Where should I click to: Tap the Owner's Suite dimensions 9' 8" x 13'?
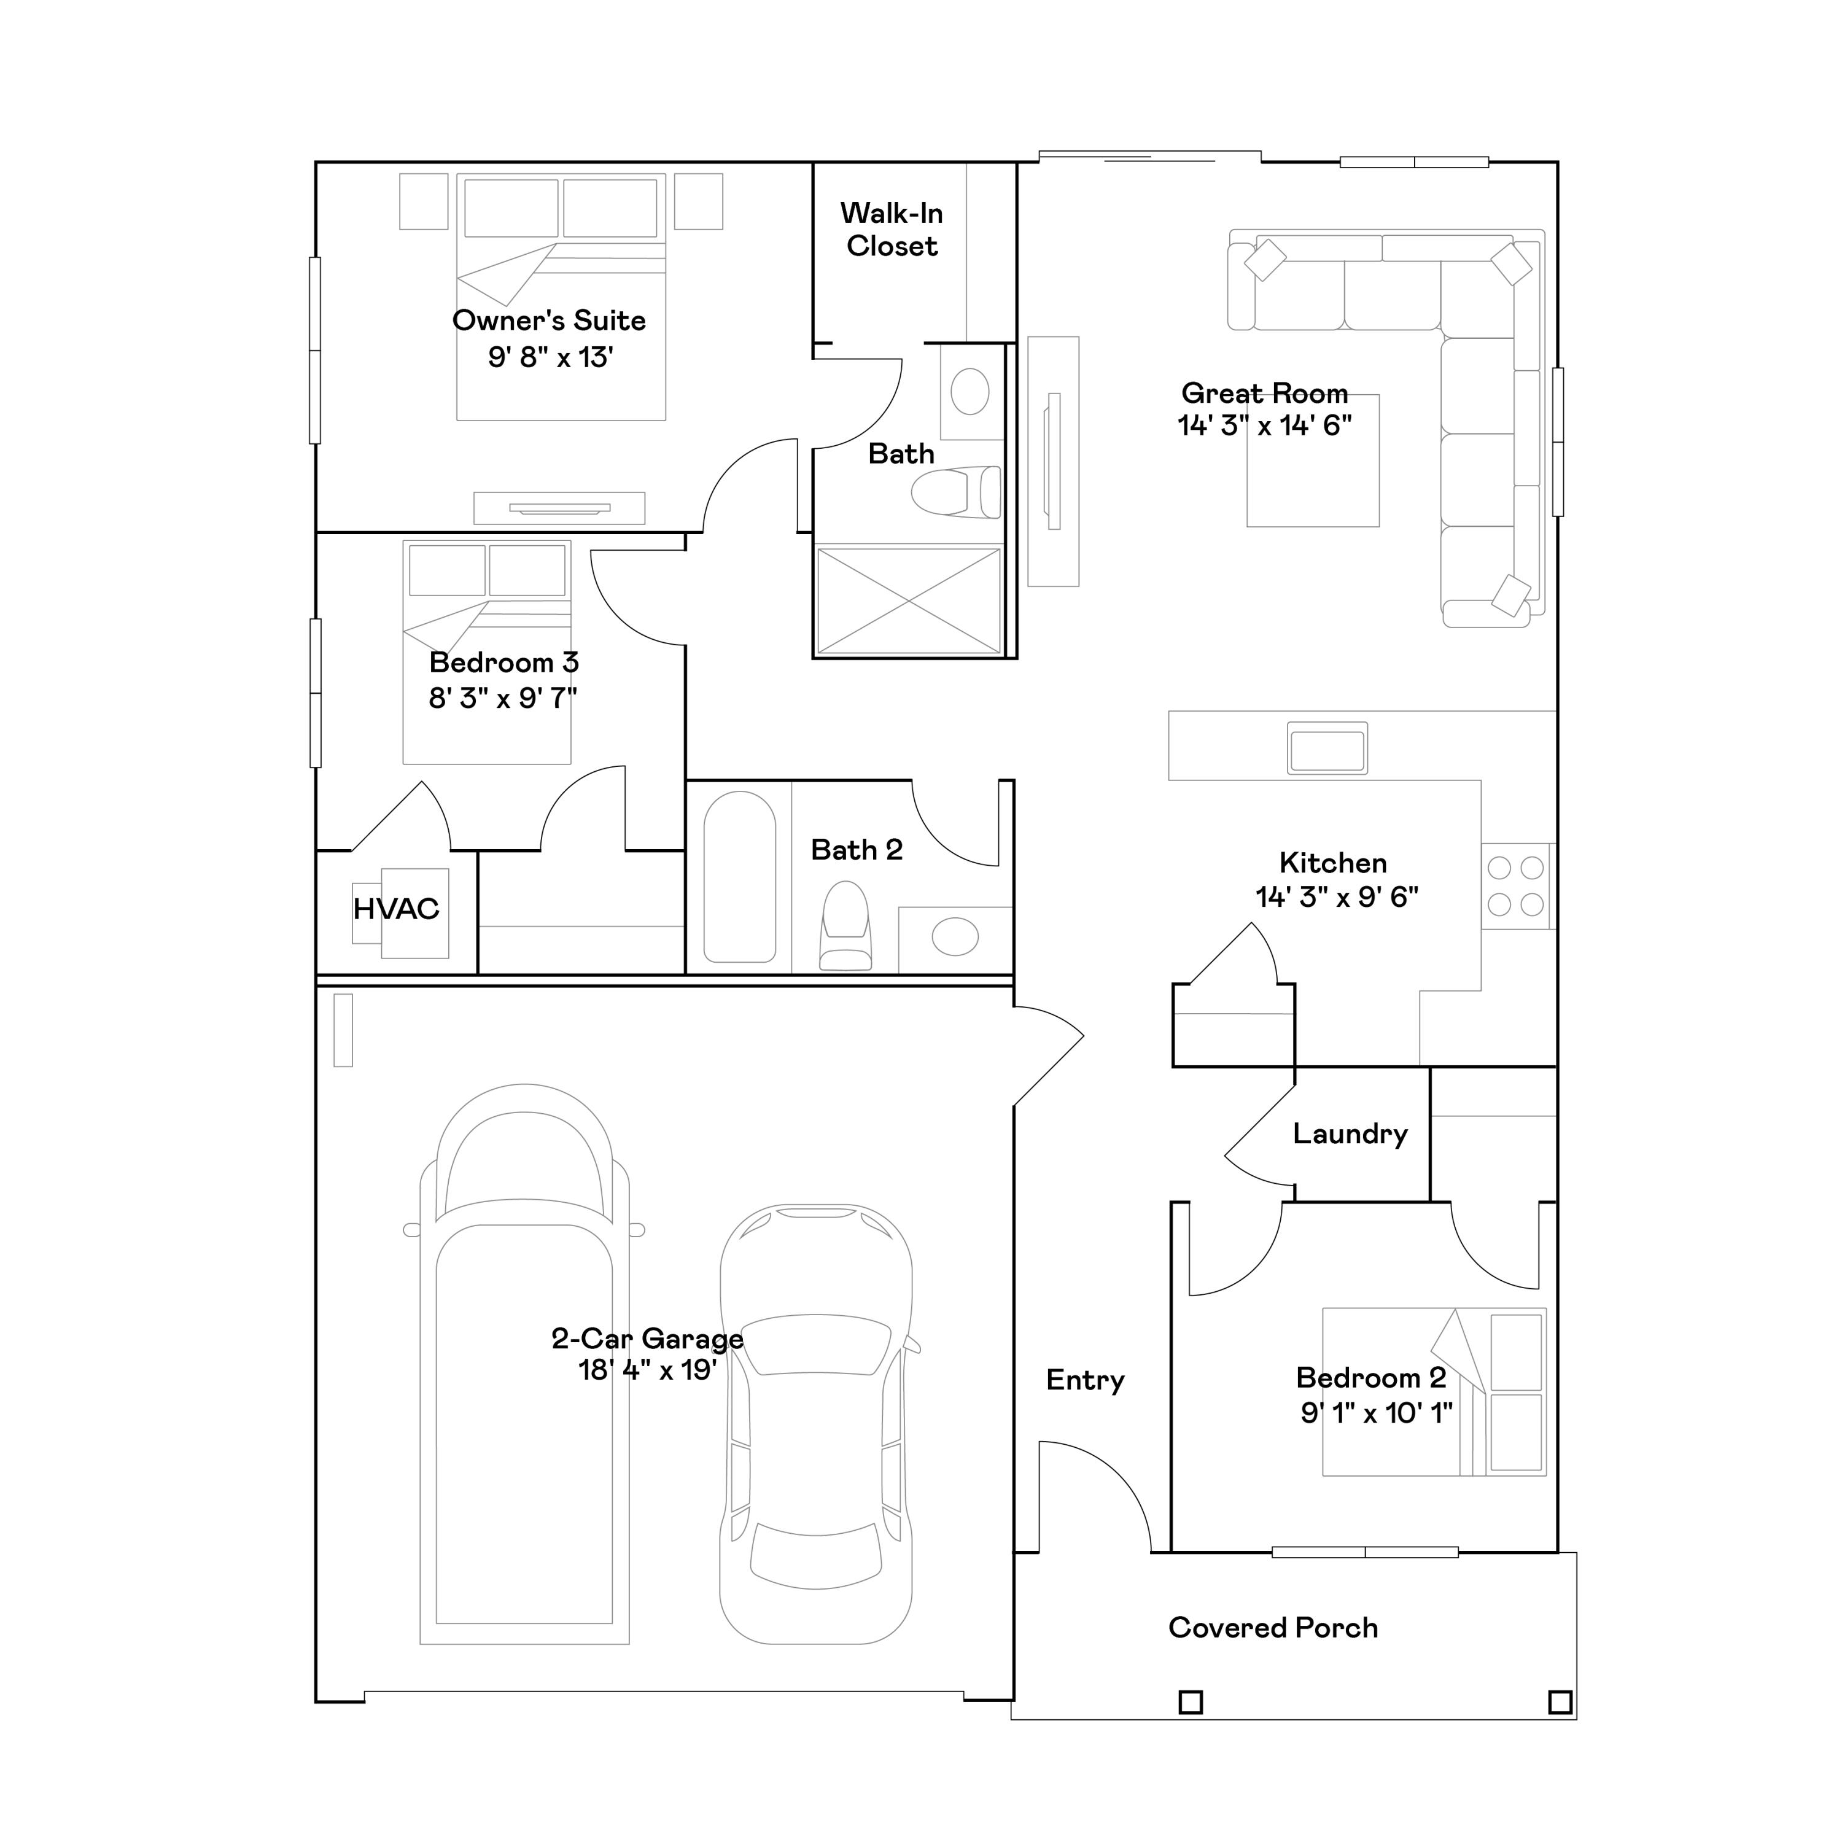tap(550, 357)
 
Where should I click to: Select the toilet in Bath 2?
tap(845, 926)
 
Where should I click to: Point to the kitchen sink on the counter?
tap(1326, 747)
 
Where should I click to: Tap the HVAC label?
tap(395, 909)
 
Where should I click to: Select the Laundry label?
tap(1349, 1133)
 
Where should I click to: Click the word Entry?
tap(1085, 1380)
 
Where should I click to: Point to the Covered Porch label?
tap(1273, 1628)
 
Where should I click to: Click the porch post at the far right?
tap(1560, 1702)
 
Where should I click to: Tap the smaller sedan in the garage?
tap(815, 1430)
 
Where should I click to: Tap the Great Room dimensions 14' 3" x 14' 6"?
tap(1264, 426)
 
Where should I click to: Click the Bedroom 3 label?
tap(503, 663)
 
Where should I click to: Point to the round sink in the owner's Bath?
tap(970, 392)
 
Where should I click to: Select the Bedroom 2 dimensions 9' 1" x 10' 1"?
tap(1376, 1413)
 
